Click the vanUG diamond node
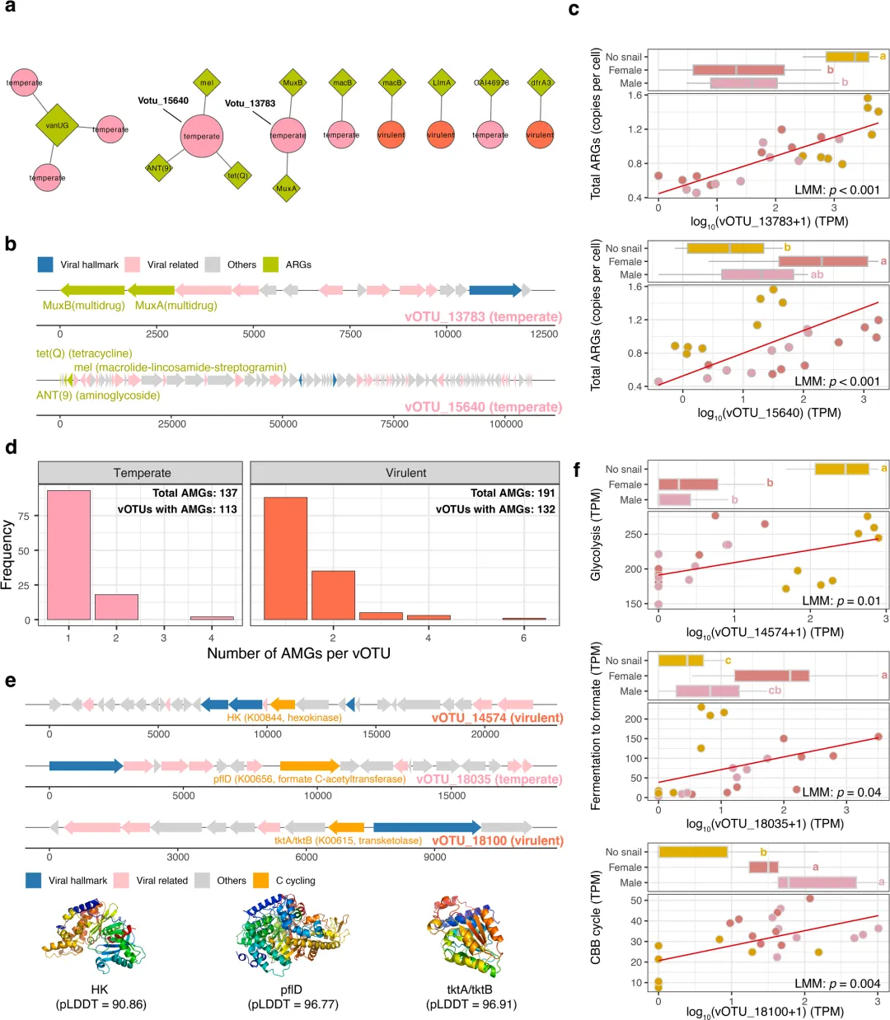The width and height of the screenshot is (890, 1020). tap(57, 125)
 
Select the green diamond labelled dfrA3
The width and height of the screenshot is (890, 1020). tap(540, 82)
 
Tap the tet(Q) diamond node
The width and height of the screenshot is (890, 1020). tap(237, 175)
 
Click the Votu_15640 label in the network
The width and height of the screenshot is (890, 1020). tap(162, 101)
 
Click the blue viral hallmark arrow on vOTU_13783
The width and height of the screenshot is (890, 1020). tap(495, 290)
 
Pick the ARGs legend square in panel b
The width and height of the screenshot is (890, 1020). tap(271, 264)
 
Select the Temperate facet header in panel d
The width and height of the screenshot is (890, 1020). tap(142, 473)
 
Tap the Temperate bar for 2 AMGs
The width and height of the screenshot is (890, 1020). tap(116, 606)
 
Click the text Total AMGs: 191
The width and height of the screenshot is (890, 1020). tap(512, 493)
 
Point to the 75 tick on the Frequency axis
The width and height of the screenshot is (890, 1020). tap(24, 516)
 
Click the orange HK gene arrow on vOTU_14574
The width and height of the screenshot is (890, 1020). tap(283, 704)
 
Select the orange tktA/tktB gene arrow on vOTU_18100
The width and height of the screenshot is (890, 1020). tap(346, 827)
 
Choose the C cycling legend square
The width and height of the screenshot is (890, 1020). tap(260, 880)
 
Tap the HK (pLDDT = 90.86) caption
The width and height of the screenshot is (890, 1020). tap(101, 996)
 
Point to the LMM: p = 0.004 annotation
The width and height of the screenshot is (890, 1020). tap(837, 983)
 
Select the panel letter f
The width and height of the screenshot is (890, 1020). tap(577, 470)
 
